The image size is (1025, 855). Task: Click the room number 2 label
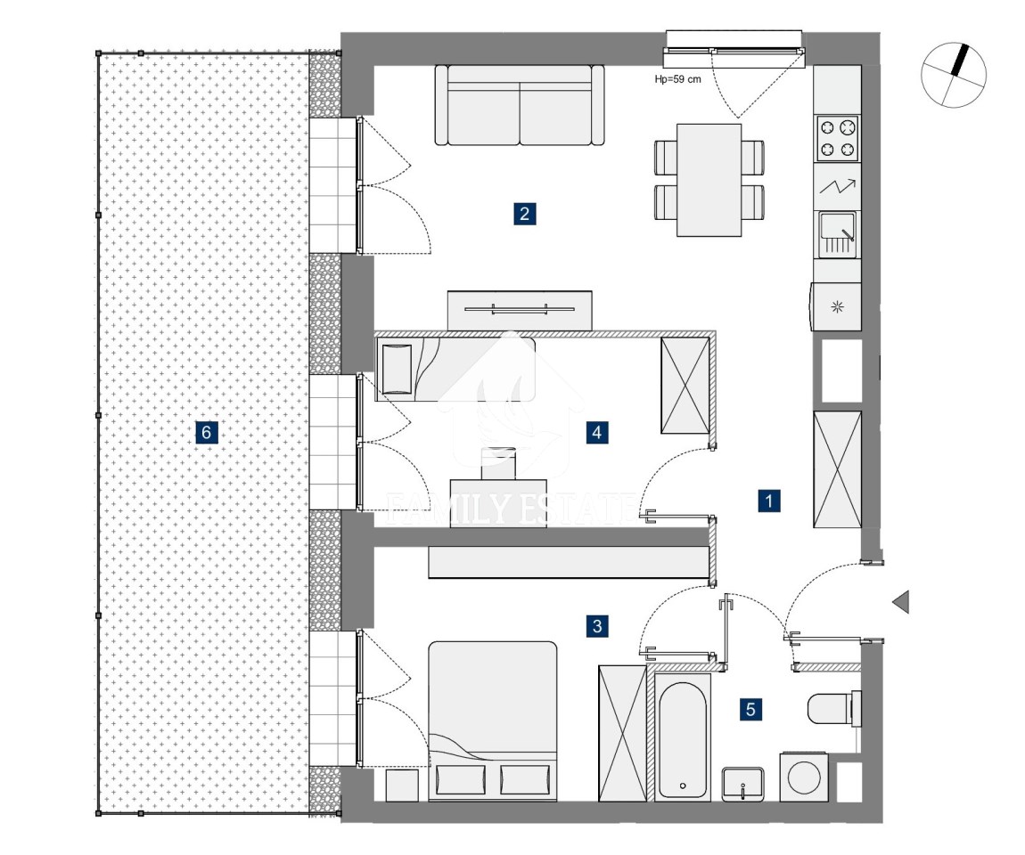tap(524, 214)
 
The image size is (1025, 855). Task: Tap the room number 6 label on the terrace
tap(207, 432)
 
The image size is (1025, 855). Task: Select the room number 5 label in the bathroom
tap(750, 709)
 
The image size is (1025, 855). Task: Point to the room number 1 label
tap(768, 501)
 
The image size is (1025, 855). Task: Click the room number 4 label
tap(597, 432)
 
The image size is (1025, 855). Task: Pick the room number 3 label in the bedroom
tap(597, 626)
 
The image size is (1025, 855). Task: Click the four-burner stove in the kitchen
tap(838, 138)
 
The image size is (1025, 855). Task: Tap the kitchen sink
tap(838, 234)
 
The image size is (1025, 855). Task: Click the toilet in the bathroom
tap(834, 708)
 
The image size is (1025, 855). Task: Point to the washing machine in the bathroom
tap(803, 778)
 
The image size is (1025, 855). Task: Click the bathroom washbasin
tap(742, 783)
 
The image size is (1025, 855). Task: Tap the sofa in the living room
tap(520, 104)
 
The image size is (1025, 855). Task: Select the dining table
tap(709, 180)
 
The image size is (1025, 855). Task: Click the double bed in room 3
tap(493, 721)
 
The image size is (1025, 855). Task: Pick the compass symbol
tap(954, 75)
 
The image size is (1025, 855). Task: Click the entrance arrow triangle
tap(901, 601)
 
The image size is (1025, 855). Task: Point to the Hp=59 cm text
tap(678, 79)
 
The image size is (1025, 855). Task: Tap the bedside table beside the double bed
tap(402, 786)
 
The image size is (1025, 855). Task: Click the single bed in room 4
tap(455, 369)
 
